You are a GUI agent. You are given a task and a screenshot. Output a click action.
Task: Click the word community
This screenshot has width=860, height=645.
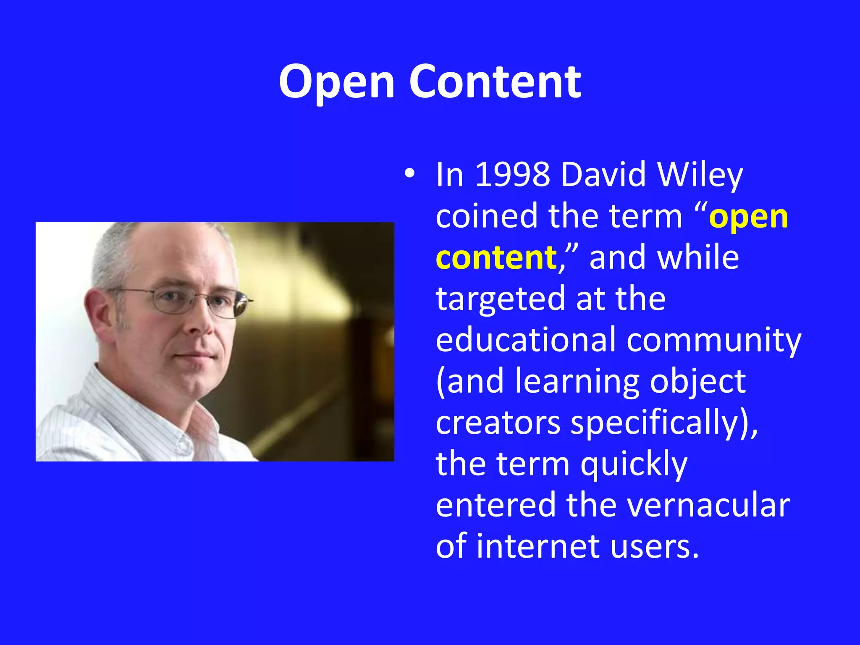(714, 340)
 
